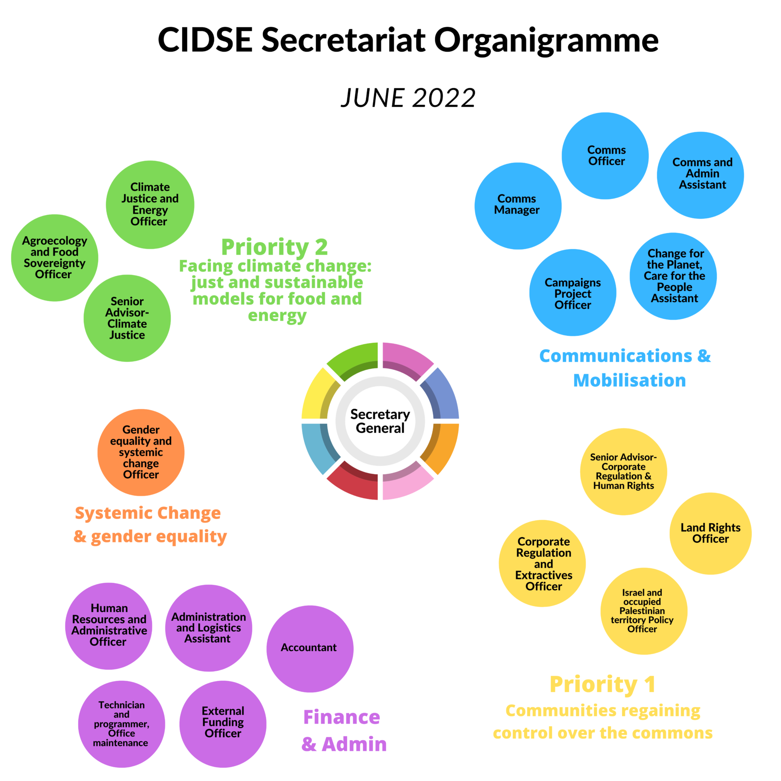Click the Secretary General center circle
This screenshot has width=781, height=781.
pos(380,421)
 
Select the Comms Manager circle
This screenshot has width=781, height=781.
pos(518,206)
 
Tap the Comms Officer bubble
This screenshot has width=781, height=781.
pos(605,156)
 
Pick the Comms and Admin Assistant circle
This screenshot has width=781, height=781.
pos(700,175)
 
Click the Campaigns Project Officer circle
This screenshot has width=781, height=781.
pos(572,293)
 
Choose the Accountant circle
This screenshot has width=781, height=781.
pos(310,649)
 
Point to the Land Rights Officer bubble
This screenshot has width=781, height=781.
pos(710,534)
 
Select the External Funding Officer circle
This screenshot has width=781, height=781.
pos(223,724)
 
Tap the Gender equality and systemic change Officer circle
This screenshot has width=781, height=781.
pos(141,453)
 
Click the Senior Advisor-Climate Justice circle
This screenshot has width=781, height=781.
pos(127,318)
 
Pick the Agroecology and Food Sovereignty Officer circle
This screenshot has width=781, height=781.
pos(55,258)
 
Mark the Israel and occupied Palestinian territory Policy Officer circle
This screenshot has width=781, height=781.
pos(643,611)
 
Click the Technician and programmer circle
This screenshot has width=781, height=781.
pos(121,724)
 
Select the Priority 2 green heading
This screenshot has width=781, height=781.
pos(274,247)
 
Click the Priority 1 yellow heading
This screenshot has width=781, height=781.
pos(602,685)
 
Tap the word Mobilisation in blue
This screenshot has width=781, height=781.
pos(629,381)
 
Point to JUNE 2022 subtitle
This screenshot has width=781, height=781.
pos(408,98)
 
